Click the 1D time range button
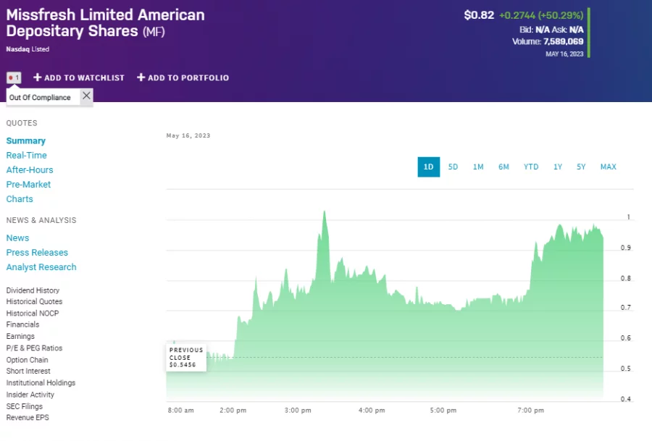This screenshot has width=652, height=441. (428, 167)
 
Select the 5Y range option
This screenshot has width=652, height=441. (581, 167)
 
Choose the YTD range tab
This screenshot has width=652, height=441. (531, 167)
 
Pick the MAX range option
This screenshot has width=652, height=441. (608, 167)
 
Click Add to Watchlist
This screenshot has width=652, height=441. (79, 77)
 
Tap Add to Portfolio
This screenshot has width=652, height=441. (183, 77)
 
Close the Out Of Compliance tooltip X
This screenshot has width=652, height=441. (86, 96)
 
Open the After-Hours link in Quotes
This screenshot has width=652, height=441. (30, 169)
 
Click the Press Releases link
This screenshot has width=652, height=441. (37, 252)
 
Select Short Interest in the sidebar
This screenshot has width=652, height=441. (28, 371)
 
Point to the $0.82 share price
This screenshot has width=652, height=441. (479, 15)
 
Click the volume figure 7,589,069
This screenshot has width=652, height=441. (563, 41)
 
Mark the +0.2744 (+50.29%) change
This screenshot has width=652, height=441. (541, 15)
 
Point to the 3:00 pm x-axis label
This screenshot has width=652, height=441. (298, 411)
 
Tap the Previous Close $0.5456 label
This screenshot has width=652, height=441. (186, 357)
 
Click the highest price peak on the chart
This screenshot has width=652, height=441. (324, 211)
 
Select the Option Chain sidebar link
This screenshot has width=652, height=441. (27, 359)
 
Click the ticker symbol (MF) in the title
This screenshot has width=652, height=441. (154, 32)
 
